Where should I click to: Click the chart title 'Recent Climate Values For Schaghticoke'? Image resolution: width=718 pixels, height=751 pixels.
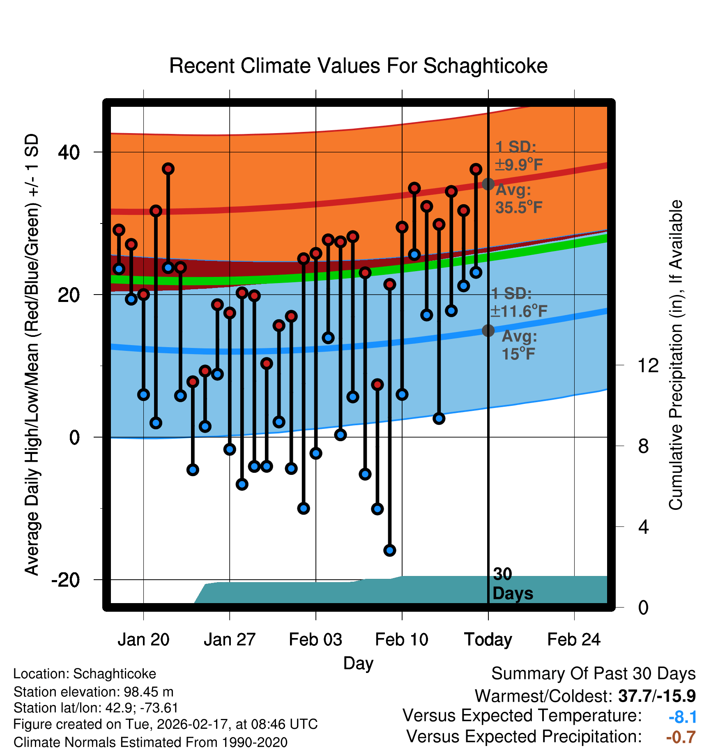tap(358, 66)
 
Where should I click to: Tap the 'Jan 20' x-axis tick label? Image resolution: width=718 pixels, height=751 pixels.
tap(143, 640)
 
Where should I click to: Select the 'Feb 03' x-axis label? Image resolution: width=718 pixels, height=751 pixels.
tap(315, 640)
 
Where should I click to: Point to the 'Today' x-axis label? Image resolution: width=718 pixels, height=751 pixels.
tap(488, 640)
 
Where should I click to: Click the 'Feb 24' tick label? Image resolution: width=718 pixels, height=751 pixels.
tap(574, 640)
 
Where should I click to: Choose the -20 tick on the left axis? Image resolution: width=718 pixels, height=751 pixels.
tap(65, 580)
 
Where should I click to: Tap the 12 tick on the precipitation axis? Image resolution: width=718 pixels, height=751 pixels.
tap(648, 365)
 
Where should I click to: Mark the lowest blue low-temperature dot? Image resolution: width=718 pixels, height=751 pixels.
tap(390, 550)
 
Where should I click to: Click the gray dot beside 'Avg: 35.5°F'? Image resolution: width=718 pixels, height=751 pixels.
tap(488, 184)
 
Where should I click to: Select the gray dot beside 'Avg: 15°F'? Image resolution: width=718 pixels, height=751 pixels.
tap(488, 330)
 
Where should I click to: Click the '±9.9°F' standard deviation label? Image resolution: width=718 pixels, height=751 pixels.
tap(519, 165)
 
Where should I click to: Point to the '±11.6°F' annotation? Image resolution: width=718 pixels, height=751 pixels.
tap(519, 311)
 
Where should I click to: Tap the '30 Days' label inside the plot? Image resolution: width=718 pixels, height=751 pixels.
tap(512, 584)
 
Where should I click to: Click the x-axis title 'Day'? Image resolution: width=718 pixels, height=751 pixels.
tap(358, 663)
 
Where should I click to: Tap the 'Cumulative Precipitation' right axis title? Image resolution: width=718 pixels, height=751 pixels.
tap(676, 355)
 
